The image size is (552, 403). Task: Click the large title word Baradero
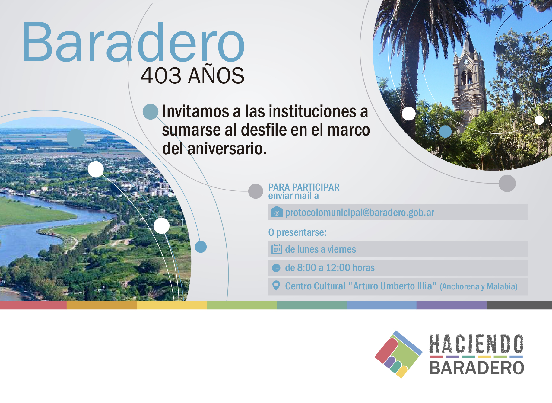133,42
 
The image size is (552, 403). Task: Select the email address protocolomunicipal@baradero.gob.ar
360,213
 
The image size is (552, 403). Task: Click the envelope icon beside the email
277,212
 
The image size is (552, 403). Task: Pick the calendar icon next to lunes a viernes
277,249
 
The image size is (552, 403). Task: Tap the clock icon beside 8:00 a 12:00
276,268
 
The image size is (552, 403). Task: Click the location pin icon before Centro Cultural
276,286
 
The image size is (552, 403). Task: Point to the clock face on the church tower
466,62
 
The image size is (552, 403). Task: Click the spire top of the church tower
468,33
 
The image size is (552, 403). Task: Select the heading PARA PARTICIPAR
304,187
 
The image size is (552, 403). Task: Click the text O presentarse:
297,232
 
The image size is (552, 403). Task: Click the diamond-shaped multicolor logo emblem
398,354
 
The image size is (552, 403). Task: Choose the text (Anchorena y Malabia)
478,286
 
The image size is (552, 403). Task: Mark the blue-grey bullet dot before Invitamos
151,112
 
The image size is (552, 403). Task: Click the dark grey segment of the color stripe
519,305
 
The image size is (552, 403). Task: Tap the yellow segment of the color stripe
172,305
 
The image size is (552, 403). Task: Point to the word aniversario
227,149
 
